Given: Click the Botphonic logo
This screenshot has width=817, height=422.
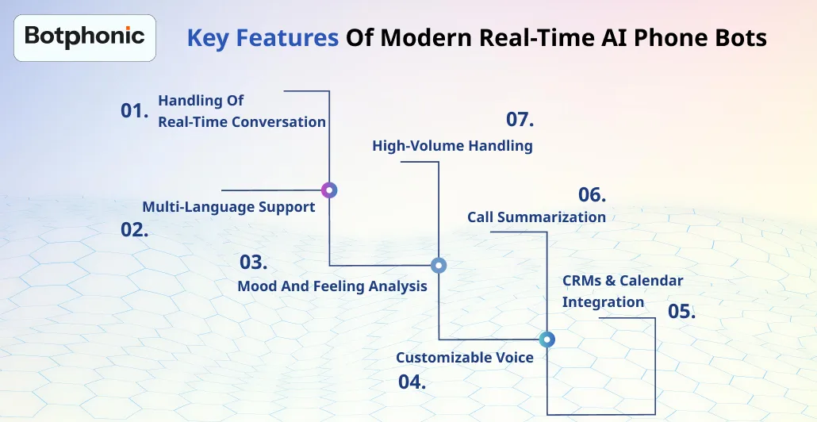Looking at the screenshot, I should (85, 36).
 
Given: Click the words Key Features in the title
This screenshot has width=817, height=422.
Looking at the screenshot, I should (263, 37).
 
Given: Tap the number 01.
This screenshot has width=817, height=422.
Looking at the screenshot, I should (135, 111).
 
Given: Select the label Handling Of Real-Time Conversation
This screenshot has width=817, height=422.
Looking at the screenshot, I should (241, 111).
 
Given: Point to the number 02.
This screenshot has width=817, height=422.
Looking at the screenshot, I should (135, 231).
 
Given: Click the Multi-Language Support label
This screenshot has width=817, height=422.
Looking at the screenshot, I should (228, 207).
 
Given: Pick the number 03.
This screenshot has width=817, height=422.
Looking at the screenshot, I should (254, 263).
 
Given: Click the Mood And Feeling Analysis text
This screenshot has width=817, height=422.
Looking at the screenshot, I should (332, 286).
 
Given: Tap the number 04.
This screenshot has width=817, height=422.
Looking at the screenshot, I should (412, 382).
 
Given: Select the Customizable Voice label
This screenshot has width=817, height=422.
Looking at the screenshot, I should (465, 358).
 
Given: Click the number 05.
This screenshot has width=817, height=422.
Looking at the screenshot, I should (681, 311).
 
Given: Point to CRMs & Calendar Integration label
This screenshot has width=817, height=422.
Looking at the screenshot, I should (622, 291).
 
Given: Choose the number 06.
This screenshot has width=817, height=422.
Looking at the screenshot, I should (592, 195).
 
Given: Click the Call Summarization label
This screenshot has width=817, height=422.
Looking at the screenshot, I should (536, 217).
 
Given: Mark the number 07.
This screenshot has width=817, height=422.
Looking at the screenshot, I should (520, 121).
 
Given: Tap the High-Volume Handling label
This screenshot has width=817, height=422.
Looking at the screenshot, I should (452, 146).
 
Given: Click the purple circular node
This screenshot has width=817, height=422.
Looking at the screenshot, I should (329, 190).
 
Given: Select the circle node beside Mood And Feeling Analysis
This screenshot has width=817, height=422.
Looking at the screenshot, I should (439, 266).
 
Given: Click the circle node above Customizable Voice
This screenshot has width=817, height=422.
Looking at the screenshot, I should (547, 340).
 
